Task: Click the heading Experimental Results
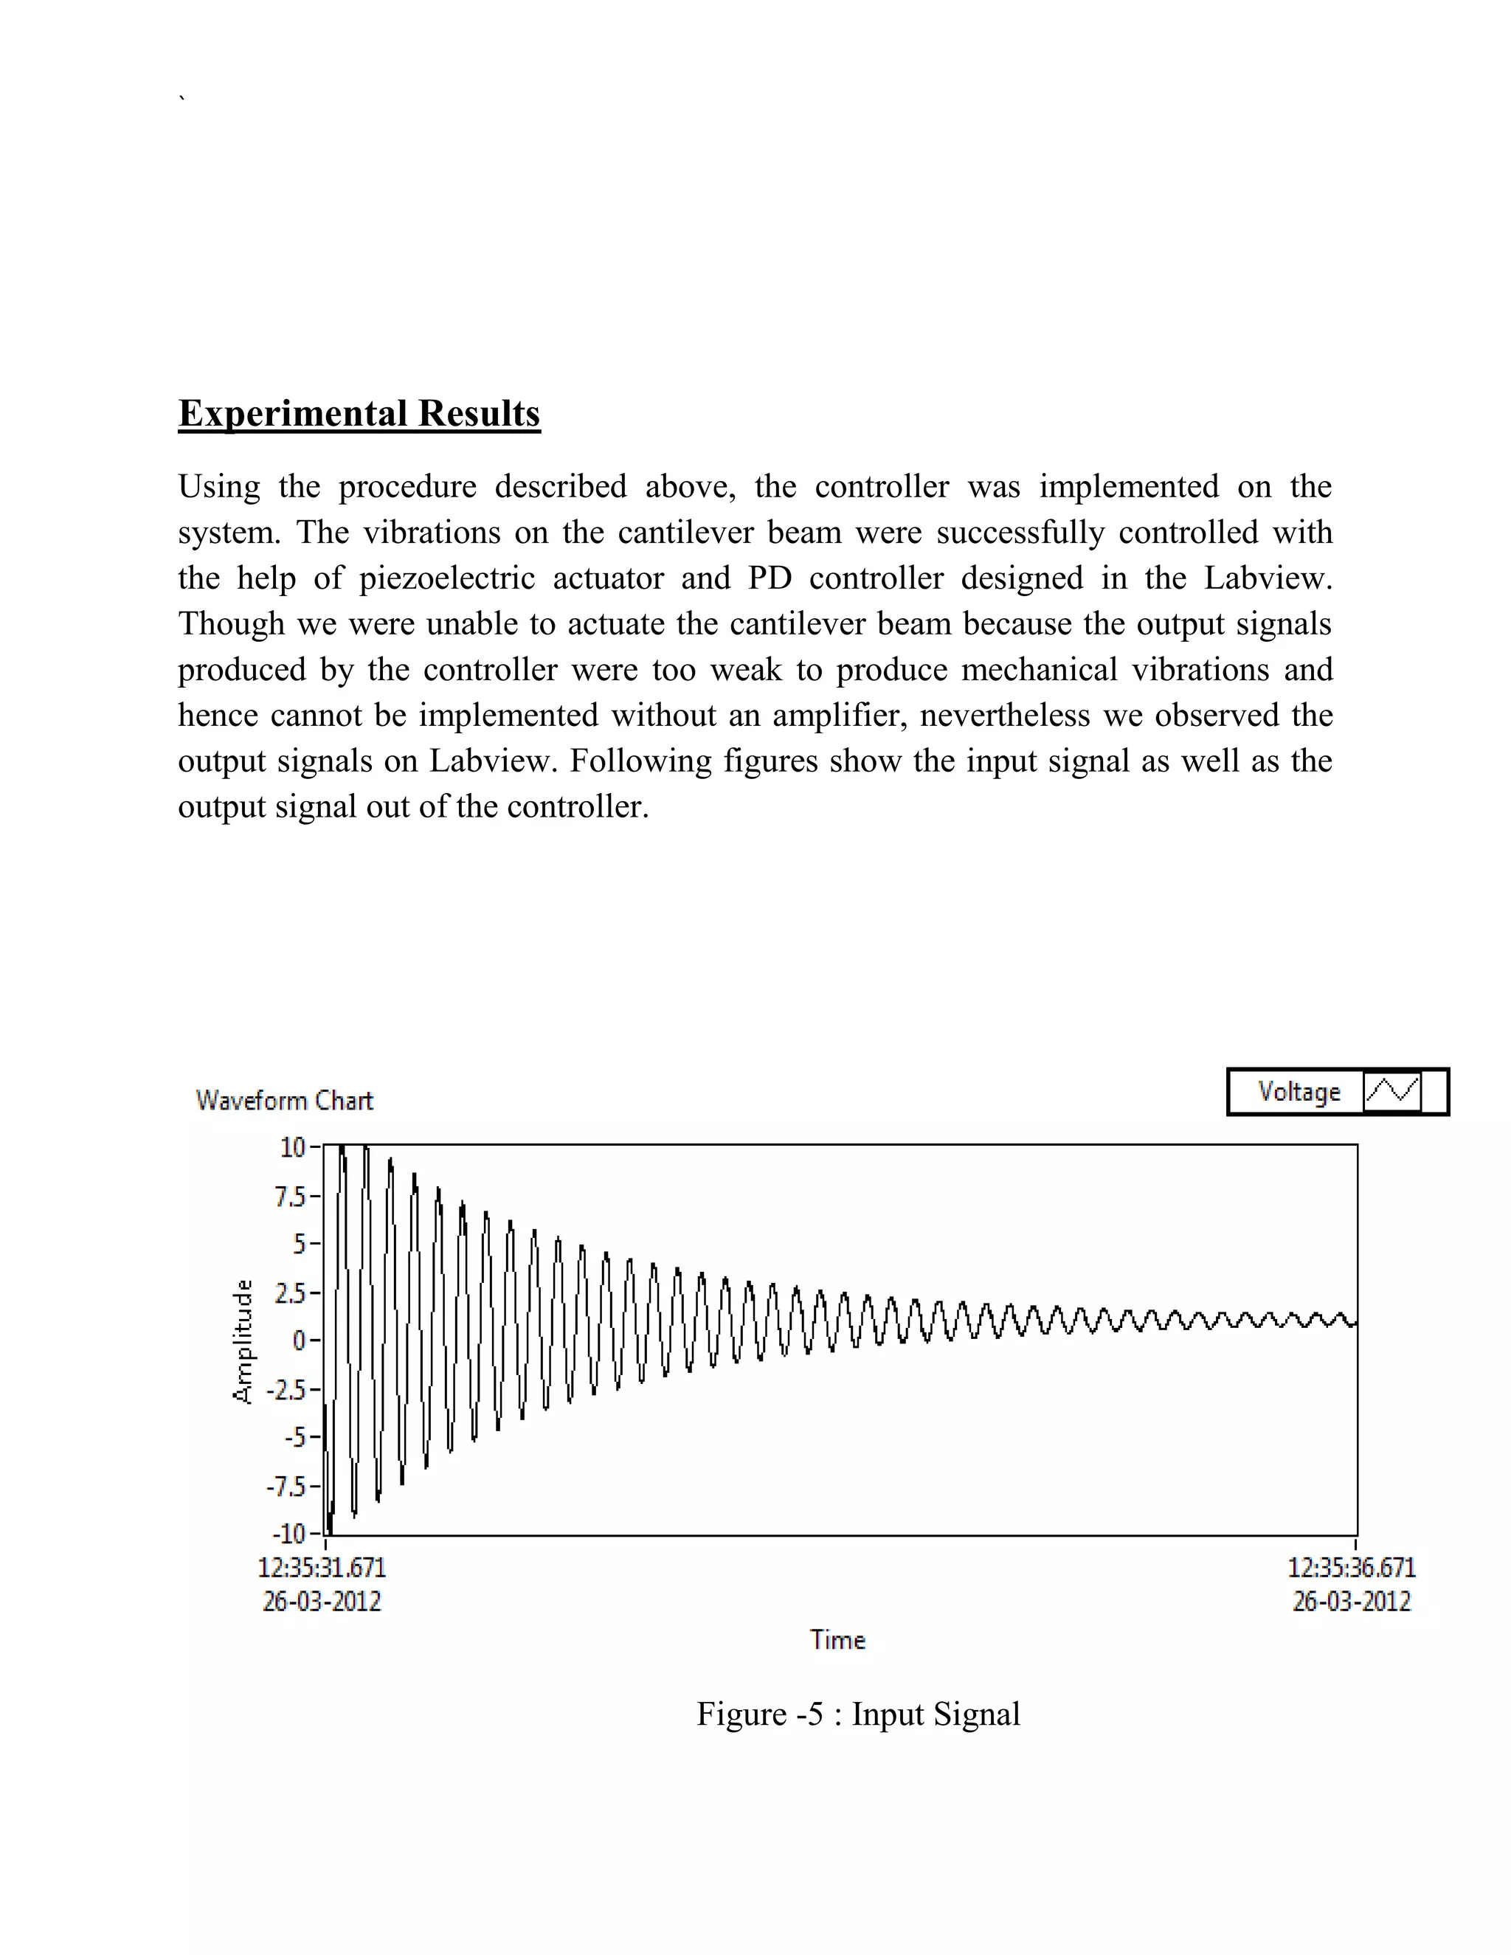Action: click(x=359, y=414)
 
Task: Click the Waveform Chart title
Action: click(x=284, y=1100)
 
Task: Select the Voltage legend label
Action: click(x=1299, y=1092)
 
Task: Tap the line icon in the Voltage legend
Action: click(x=1392, y=1092)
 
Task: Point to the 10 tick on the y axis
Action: click(x=294, y=1148)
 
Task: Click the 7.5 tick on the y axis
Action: click(x=291, y=1196)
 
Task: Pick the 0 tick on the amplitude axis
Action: click(x=300, y=1340)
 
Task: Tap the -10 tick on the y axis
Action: click(x=288, y=1534)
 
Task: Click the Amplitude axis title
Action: click(x=243, y=1342)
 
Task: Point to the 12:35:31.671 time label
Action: click(x=322, y=1568)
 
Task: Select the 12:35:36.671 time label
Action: click(x=1352, y=1568)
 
